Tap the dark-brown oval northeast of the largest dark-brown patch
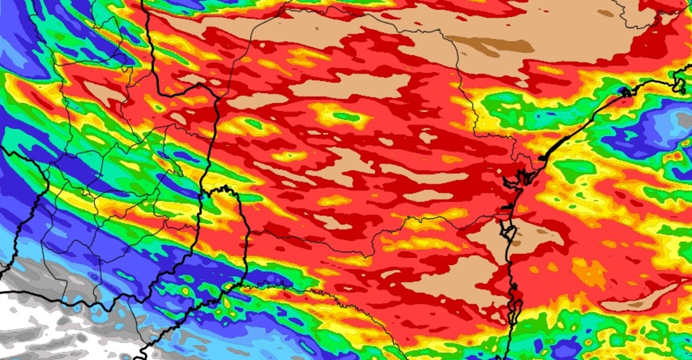[606, 13]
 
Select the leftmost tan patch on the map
[102, 91]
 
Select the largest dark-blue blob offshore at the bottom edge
[563, 348]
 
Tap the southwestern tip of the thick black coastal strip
[544, 158]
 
